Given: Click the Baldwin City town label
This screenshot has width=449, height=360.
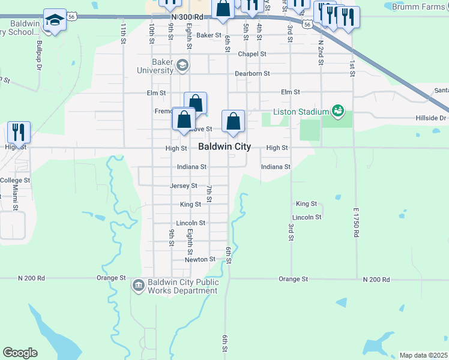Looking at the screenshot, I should [224, 147].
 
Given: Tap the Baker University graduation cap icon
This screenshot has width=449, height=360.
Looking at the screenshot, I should [182, 66].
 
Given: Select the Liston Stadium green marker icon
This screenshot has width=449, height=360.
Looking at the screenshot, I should [338, 111].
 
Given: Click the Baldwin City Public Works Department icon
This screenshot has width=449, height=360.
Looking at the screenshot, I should [139, 284].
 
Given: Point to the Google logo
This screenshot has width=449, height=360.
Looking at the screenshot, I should [20, 353].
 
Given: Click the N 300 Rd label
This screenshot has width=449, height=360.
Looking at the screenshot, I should [187, 18].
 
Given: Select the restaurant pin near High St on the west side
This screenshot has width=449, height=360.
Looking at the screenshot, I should [19, 132].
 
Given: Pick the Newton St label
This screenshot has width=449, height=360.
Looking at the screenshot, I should [200, 259].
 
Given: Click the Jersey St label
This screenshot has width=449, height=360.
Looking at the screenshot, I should [184, 186].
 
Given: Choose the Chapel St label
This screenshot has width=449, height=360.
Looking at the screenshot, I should [252, 54].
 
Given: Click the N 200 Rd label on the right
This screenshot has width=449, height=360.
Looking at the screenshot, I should [376, 280].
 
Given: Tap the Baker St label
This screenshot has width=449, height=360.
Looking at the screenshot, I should [209, 35].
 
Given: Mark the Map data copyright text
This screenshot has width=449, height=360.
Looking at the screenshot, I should [424, 355].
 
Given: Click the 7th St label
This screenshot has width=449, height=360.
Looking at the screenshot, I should [209, 193].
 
